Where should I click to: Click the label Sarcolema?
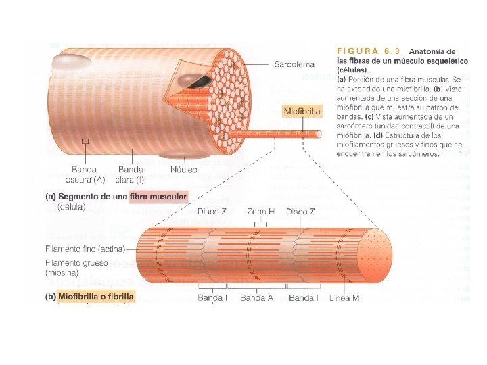[x=294, y=64]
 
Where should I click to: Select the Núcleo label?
[x=184, y=169]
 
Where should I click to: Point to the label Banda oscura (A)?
[x=85, y=174]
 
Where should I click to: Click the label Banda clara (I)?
[x=132, y=174]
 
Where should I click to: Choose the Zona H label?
[x=260, y=212]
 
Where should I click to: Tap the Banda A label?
[x=256, y=297]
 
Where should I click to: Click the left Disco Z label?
[x=213, y=212]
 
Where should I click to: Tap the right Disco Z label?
[x=300, y=212]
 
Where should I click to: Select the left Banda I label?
[x=212, y=297]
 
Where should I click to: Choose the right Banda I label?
[x=303, y=297]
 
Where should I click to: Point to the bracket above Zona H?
[x=260, y=220]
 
